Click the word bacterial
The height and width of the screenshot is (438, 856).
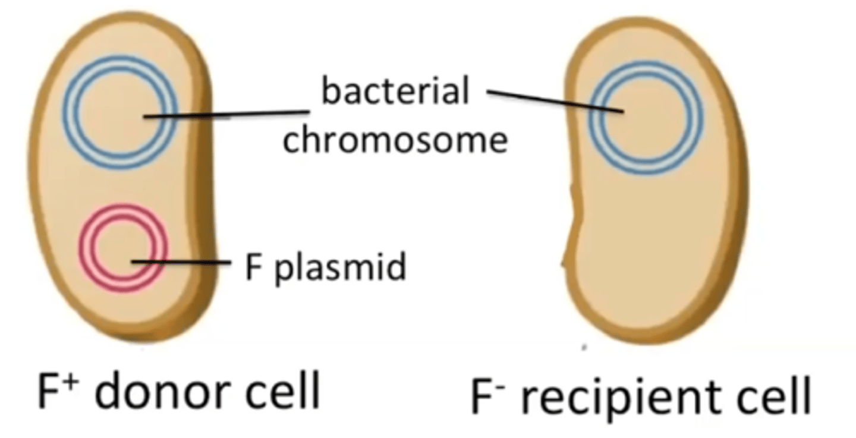(x=395, y=93)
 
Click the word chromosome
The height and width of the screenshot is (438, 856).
(x=395, y=140)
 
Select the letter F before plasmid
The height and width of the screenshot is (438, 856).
(x=253, y=267)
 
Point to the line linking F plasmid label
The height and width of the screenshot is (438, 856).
(x=181, y=261)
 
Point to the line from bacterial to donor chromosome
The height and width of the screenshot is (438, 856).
(x=226, y=114)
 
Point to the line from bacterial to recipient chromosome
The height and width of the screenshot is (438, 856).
(x=553, y=101)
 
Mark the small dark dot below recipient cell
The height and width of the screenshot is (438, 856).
(x=584, y=346)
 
